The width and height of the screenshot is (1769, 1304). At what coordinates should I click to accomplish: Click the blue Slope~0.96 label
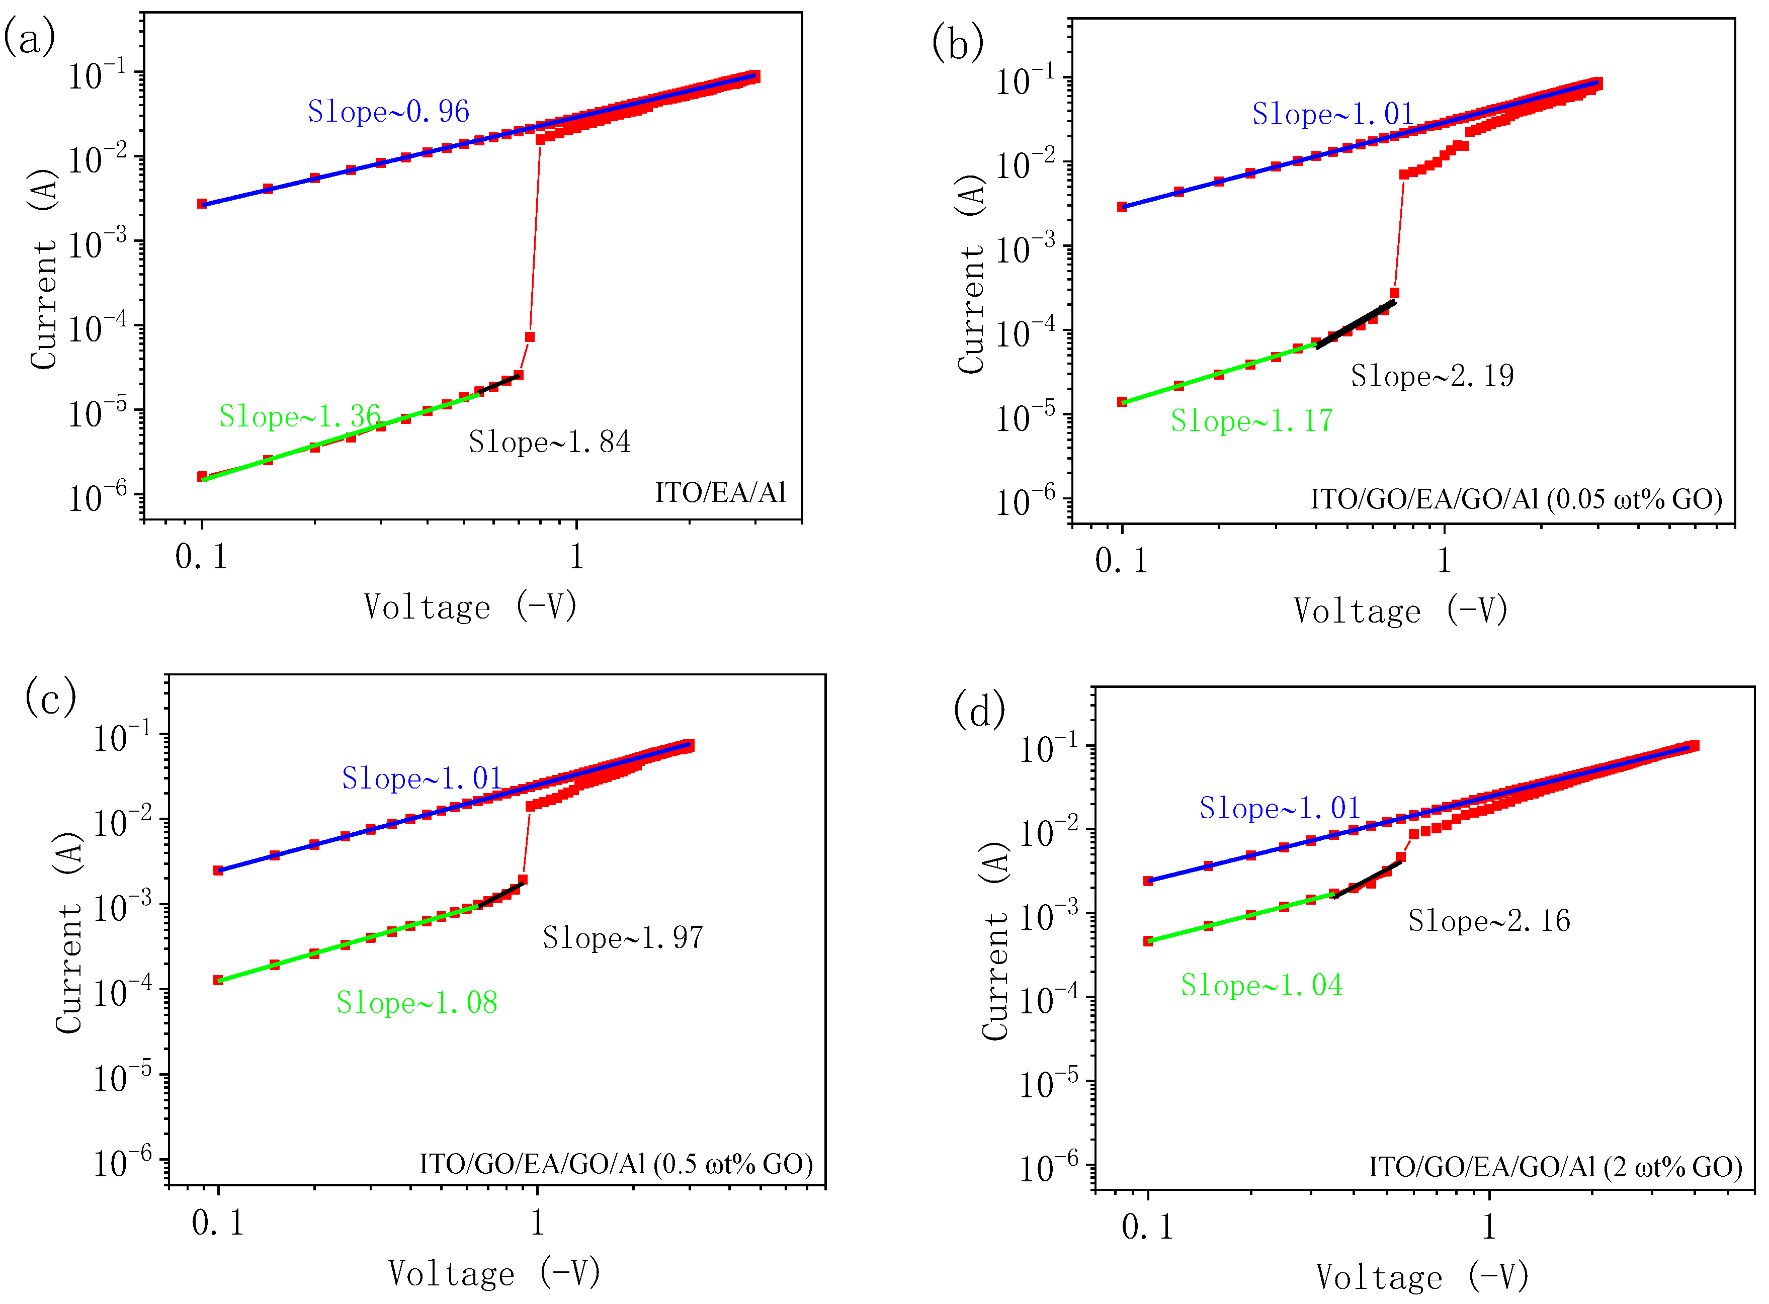coord(388,111)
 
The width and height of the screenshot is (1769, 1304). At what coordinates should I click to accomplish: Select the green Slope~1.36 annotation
coord(299,416)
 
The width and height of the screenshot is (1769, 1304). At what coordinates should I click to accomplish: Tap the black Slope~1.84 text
coord(549,442)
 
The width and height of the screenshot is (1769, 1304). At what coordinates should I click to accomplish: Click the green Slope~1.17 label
coord(1250,421)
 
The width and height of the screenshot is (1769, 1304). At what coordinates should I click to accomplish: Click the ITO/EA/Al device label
coord(720,492)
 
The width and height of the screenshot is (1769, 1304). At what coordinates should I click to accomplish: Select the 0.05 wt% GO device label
coord(1515,499)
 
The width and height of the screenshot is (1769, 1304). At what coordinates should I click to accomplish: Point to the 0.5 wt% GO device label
coord(615,1164)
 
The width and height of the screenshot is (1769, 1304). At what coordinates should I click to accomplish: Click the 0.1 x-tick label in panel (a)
coord(201,557)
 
